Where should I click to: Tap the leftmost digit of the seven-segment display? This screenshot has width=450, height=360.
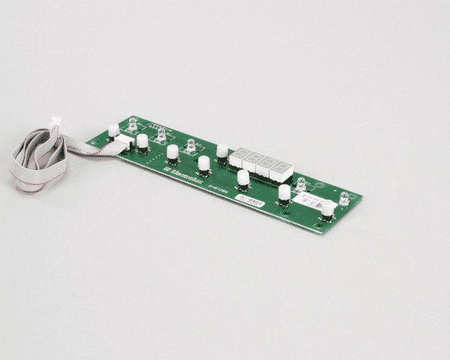point(239,157)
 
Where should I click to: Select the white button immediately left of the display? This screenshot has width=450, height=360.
point(222,150)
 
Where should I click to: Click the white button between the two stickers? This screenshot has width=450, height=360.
point(284,192)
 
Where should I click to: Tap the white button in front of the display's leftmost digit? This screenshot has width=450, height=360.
point(243,178)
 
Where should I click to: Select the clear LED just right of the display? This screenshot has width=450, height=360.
point(301,184)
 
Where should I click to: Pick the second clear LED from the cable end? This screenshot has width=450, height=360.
point(162,133)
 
